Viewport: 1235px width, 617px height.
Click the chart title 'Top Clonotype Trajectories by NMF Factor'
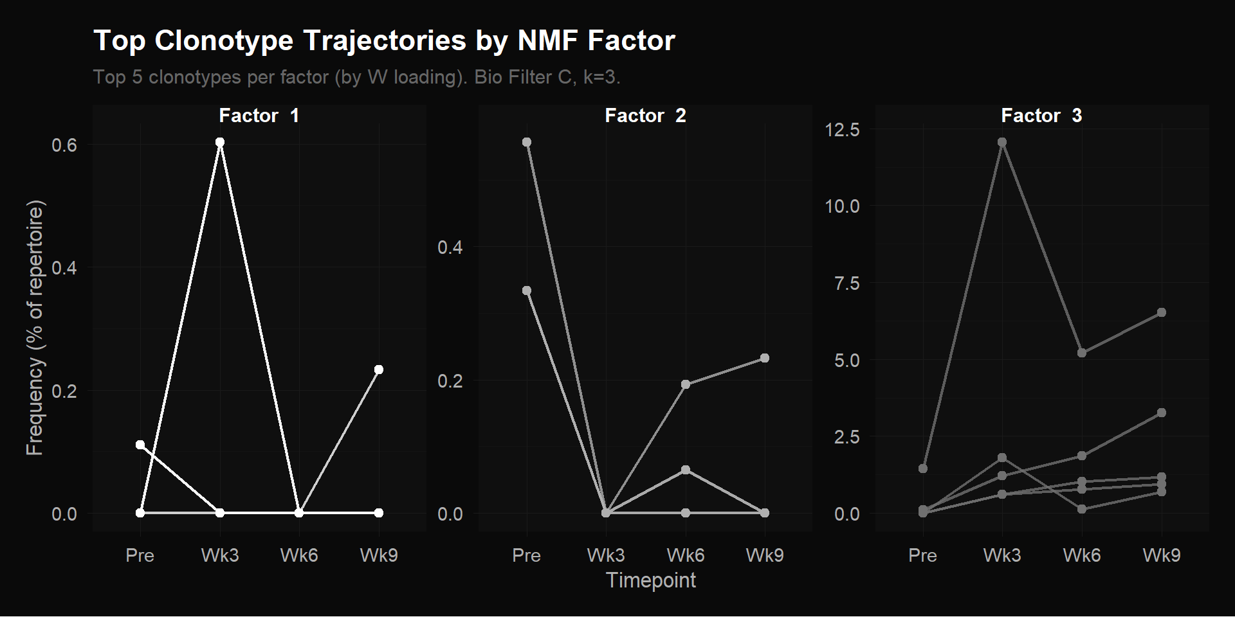click(384, 40)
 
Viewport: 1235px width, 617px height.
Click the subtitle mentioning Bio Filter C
click(356, 77)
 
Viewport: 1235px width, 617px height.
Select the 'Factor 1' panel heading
click(259, 116)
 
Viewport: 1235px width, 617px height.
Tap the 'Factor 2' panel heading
click(645, 116)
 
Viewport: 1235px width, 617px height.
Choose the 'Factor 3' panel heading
click(1041, 116)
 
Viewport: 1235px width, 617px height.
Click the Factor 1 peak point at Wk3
click(220, 142)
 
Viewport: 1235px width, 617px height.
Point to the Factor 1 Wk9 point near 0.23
click(379, 370)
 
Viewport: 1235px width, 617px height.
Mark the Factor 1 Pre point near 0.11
click(140, 445)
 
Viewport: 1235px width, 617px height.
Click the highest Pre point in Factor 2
click(527, 142)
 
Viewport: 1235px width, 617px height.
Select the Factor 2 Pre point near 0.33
click(527, 291)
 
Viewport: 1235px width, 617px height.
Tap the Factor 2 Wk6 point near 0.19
click(686, 384)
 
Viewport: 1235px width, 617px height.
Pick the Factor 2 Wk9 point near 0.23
click(765, 358)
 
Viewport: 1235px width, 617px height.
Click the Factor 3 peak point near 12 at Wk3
click(1002, 142)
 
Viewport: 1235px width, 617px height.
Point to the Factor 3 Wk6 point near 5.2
click(1082, 353)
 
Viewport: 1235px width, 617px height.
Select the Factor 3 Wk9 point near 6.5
click(1162, 312)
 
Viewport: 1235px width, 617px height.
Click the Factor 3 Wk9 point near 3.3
click(1162, 413)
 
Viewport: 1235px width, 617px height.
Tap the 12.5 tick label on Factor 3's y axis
click(842, 130)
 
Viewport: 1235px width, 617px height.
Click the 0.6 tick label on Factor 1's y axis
click(64, 145)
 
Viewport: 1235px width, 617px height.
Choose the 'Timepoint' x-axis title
click(650, 580)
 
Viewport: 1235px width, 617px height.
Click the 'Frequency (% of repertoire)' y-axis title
click(35, 328)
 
